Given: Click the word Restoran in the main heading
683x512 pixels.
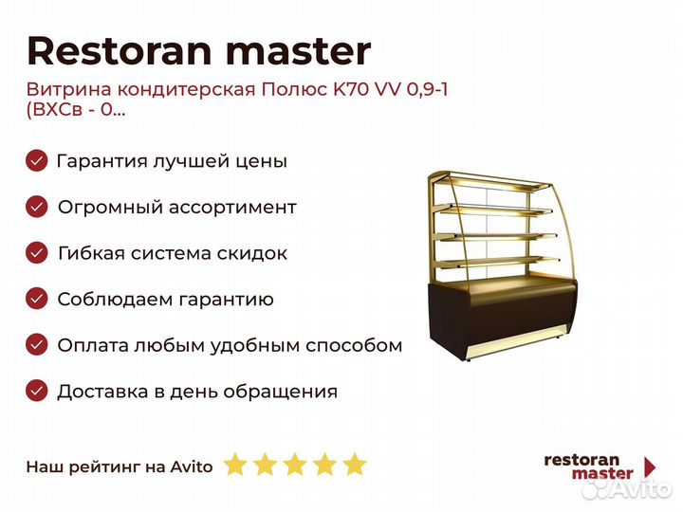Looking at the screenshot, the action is point(120,51).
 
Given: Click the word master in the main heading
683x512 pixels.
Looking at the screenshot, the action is point(299,52).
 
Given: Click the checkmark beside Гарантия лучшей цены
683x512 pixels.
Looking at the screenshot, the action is point(37,160).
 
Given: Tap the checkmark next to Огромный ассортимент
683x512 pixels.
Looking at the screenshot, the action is point(37,207).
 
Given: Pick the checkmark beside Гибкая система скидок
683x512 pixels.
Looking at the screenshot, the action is point(37,253).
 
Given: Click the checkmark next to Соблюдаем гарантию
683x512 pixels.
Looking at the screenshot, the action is point(37,299).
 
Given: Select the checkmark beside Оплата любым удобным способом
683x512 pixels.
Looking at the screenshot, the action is point(37,345).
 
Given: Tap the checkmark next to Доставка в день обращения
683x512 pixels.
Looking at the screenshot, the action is point(37,391).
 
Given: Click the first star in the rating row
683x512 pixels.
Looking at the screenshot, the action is point(235,464).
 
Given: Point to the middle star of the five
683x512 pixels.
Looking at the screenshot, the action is point(295,464).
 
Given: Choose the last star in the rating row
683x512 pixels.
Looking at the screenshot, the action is point(355,464).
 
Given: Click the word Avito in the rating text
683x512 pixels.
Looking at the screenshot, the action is point(192,466).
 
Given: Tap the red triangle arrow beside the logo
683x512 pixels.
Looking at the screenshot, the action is point(650,466).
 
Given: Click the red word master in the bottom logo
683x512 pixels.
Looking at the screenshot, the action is point(602,473).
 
